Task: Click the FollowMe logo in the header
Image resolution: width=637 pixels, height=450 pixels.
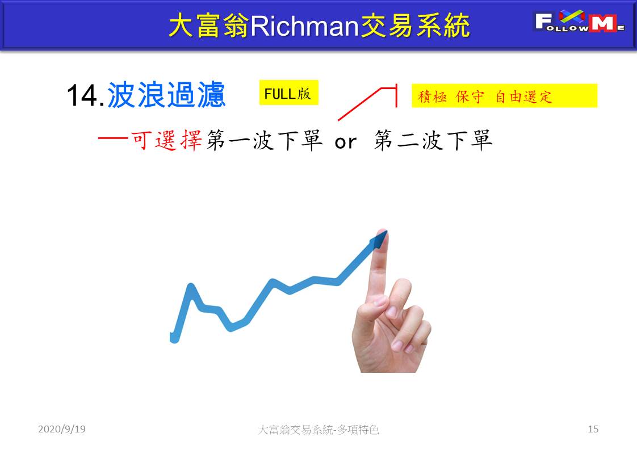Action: pyautogui.click(x=579, y=21)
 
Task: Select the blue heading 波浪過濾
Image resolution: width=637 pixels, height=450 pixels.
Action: pyautogui.click(x=166, y=95)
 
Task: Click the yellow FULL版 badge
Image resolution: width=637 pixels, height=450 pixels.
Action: pyautogui.click(x=288, y=93)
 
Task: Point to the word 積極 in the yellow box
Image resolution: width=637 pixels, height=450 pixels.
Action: pyautogui.click(x=432, y=96)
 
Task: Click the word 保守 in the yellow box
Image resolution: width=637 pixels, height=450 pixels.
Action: pyautogui.click(x=470, y=96)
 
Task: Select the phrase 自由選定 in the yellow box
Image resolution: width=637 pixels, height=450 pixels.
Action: pyautogui.click(x=523, y=96)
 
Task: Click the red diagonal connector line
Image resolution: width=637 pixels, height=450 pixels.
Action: pyautogui.click(x=359, y=104)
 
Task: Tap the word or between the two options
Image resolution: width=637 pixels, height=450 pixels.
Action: pyautogui.click(x=346, y=142)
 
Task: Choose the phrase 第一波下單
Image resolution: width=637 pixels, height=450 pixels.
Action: pyautogui.click(x=265, y=141)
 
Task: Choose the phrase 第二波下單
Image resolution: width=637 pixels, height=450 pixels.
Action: pyautogui.click(x=433, y=141)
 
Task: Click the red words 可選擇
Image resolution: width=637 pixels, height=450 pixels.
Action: pyautogui.click(x=166, y=141)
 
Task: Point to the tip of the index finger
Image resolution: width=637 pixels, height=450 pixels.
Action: pyautogui.click(x=382, y=232)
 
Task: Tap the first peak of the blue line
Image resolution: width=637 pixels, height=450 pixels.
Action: pyautogui.click(x=191, y=286)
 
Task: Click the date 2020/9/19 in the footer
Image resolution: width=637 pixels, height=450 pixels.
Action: pyautogui.click(x=62, y=429)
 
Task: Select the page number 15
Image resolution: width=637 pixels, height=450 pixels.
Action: pyautogui.click(x=593, y=429)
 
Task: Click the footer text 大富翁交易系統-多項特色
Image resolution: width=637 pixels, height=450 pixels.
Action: pyautogui.click(x=318, y=429)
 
